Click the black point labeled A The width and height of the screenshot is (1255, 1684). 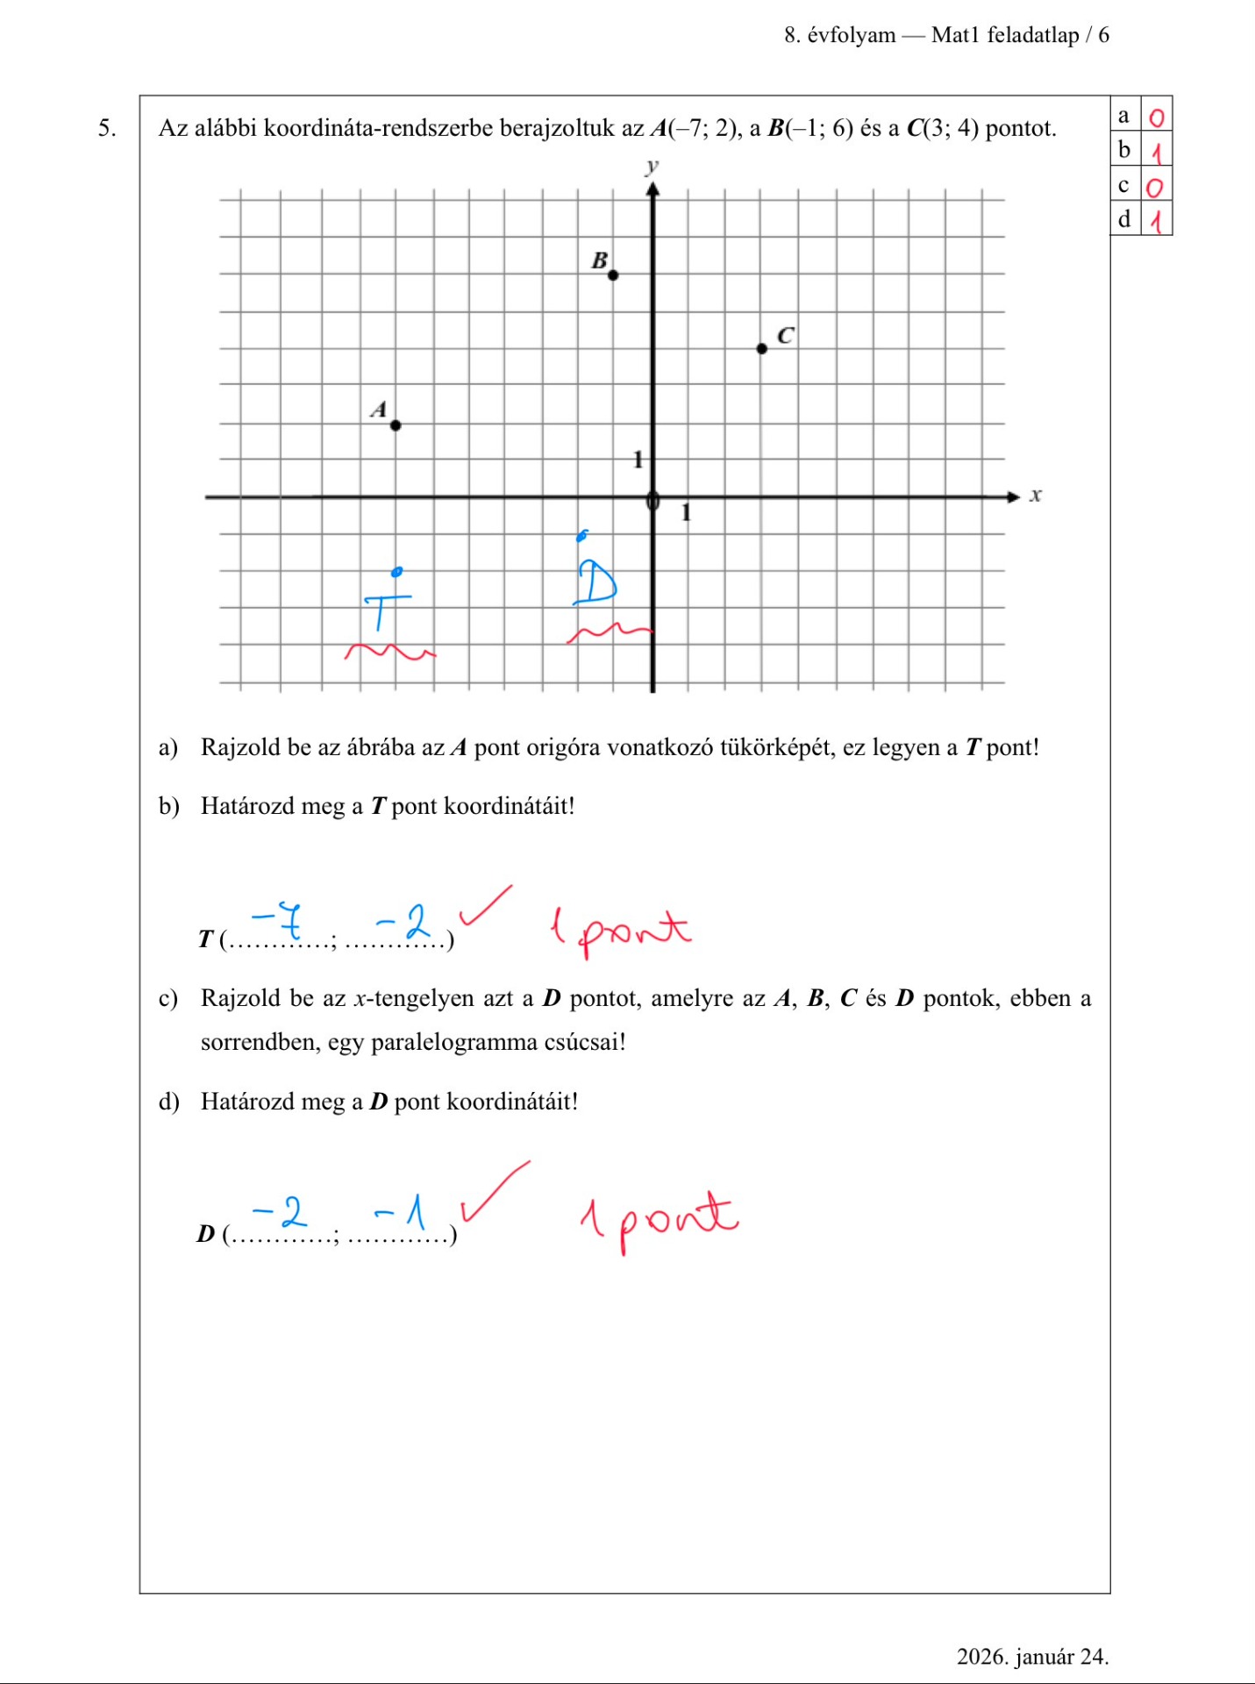click(396, 425)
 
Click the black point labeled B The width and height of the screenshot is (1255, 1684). click(613, 275)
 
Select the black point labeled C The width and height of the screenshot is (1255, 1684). click(761, 348)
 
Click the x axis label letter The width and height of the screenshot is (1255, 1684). click(1036, 496)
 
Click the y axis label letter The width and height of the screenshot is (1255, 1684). click(652, 166)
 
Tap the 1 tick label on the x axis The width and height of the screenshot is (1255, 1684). click(686, 513)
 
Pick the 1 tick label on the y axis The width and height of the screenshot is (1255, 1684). click(638, 459)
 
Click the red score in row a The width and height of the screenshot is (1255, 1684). click(1157, 118)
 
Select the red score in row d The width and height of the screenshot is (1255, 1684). click(1157, 221)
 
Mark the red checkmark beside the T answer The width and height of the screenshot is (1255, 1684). click(485, 905)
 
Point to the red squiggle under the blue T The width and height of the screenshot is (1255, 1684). click(389, 652)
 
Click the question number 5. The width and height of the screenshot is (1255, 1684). click(106, 128)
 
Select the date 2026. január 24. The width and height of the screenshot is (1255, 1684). click(1032, 1656)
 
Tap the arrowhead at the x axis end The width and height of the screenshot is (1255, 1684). click(1013, 497)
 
